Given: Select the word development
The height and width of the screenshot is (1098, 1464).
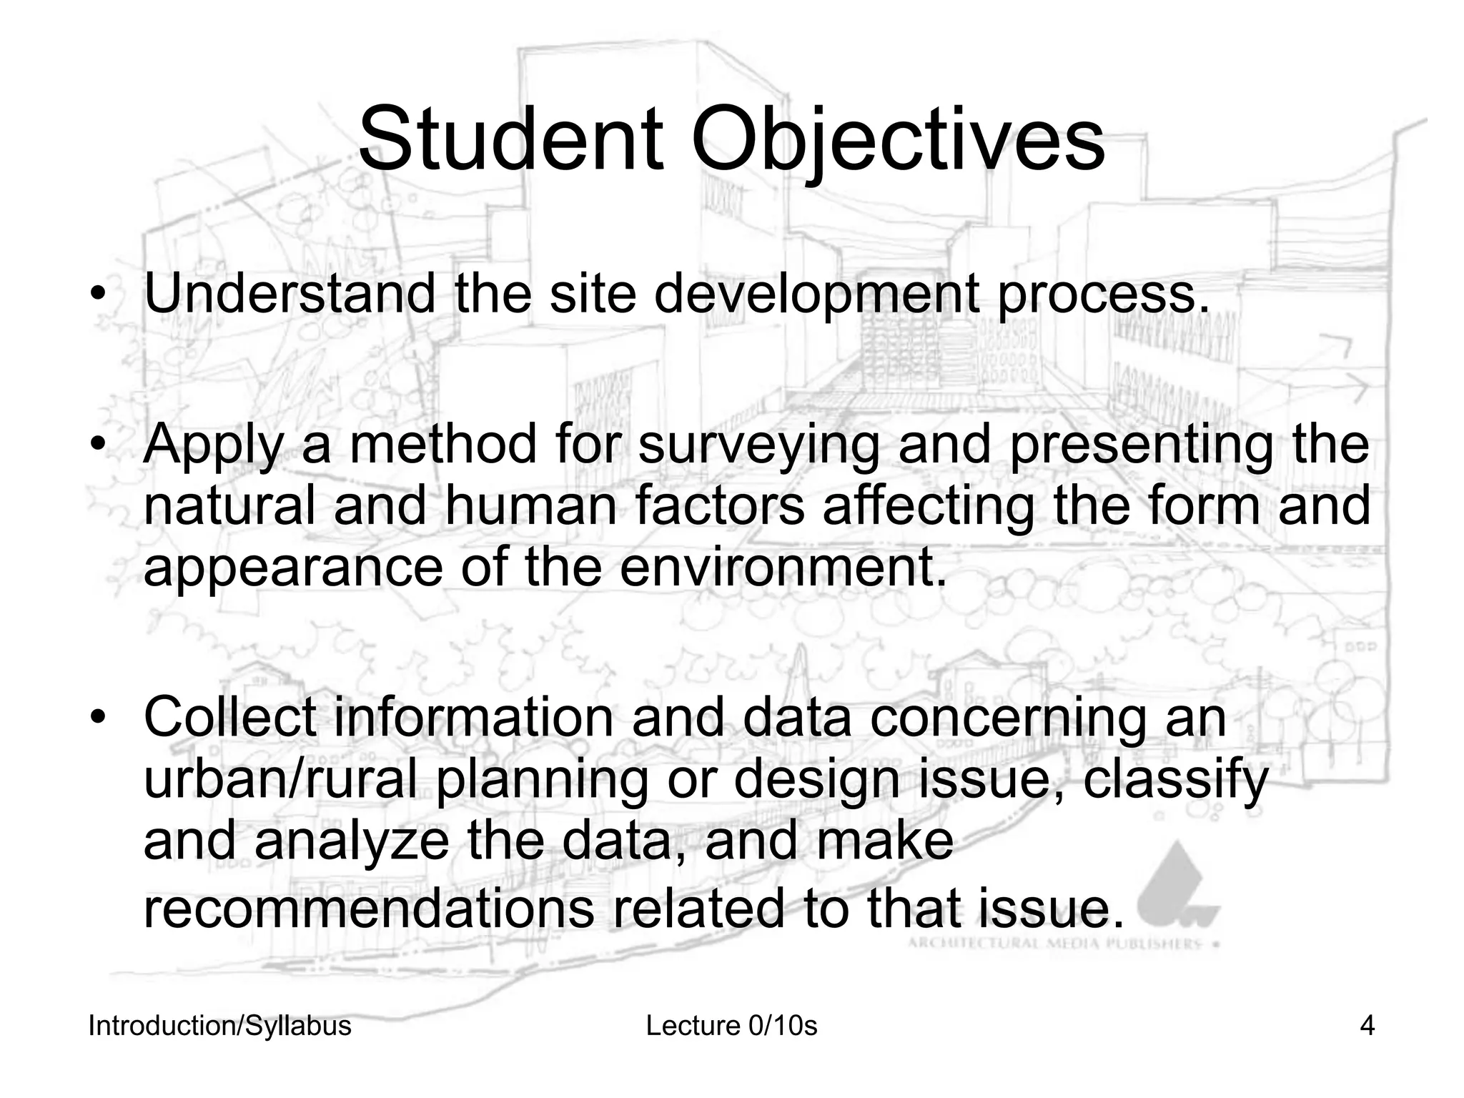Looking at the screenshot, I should coord(816,295).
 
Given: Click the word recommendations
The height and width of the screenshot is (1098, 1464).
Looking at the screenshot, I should coord(368,907).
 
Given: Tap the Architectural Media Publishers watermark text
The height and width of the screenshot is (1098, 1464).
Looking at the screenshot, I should coord(1054,944).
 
